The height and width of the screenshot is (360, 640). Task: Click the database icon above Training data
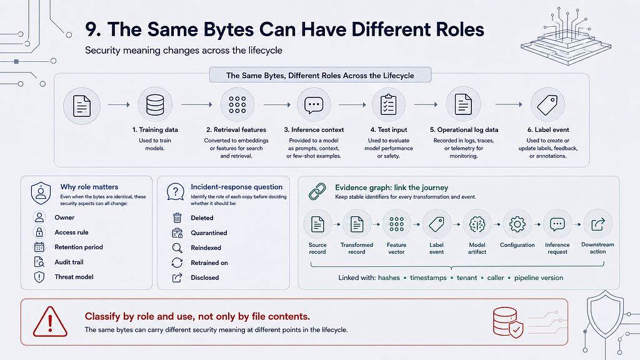[x=155, y=105]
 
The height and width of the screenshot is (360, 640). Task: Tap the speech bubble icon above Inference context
[x=314, y=105]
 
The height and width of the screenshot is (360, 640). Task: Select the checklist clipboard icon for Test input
[x=388, y=104]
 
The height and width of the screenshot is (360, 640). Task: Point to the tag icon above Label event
[x=547, y=105]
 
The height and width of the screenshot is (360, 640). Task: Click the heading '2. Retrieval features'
[x=236, y=130]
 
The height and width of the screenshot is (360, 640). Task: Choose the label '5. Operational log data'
[x=464, y=130]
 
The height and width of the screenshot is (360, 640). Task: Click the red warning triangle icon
[x=50, y=322]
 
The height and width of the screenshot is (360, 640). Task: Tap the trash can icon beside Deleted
[x=177, y=218]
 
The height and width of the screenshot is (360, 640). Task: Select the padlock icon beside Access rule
[x=39, y=232]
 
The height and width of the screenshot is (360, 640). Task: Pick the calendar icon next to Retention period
[x=39, y=247]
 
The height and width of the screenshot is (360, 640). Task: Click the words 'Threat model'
[x=74, y=277]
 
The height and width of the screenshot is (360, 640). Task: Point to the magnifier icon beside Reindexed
[x=177, y=247]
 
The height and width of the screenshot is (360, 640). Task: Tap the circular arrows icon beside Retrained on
[x=177, y=263]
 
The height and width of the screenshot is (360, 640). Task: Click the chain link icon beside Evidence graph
[x=317, y=191]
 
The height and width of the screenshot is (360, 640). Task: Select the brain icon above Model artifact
[x=477, y=224]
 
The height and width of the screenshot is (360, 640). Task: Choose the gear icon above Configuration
[x=517, y=224]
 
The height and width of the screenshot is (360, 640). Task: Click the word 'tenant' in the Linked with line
[x=467, y=278]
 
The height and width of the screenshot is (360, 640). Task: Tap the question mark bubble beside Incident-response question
[x=175, y=192]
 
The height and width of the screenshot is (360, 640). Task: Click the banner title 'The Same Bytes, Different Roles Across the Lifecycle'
[x=320, y=76]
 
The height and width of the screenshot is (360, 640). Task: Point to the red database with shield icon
[x=507, y=322]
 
